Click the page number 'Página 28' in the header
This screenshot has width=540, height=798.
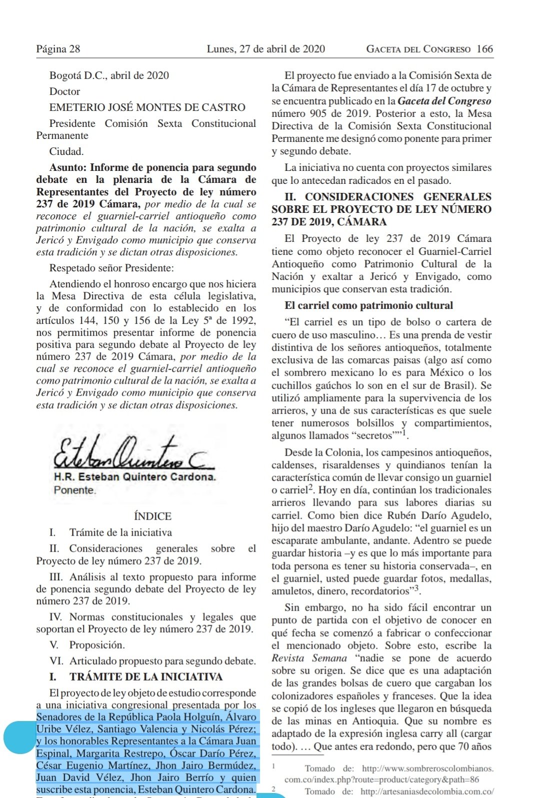[58, 49]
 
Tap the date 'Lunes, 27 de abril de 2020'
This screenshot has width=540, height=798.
[265, 49]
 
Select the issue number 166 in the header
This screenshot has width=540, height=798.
[484, 49]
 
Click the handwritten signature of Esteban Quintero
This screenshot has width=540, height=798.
[132, 454]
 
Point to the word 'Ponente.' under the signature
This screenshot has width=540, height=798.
[74, 490]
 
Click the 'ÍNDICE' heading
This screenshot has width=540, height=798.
[152, 516]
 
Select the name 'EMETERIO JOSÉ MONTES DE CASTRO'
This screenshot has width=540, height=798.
[147, 107]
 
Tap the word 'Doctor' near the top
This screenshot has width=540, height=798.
[64, 91]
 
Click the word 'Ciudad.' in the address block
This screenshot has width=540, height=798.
[66, 151]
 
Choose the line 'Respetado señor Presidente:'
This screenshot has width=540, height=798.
[111, 268]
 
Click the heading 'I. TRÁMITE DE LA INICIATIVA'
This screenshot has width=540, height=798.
[135, 677]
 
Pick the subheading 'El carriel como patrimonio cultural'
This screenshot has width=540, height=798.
[368, 305]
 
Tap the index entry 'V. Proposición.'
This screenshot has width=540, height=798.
[87, 645]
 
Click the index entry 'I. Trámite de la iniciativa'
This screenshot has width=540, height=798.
[110, 532]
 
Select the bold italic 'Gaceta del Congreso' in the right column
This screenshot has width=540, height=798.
[444, 101]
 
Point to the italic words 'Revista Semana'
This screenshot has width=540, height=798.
[309, 658]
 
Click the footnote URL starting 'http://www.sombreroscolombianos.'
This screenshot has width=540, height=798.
[427, 769]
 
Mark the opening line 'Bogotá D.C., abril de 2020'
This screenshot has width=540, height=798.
[109, 75]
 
